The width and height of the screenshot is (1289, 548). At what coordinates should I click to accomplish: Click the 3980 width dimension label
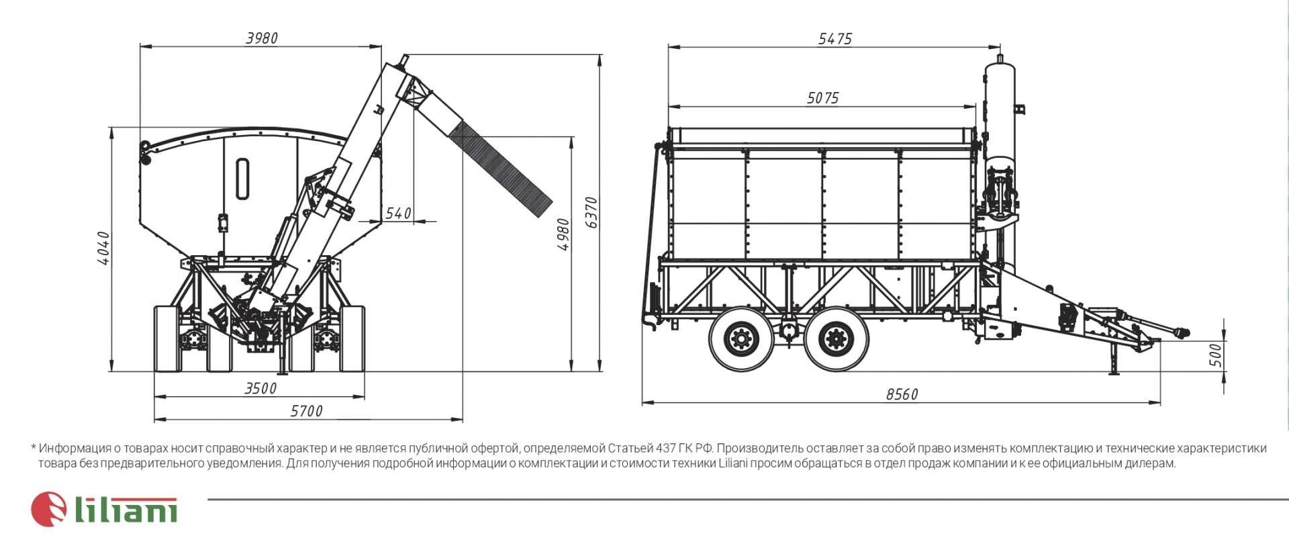click(261, 38)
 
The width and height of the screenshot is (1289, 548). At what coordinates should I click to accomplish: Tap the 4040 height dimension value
click(103, 248)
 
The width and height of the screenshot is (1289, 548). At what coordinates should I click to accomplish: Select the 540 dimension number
click(398, 214)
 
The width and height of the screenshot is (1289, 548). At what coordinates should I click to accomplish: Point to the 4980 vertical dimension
click(563, 234)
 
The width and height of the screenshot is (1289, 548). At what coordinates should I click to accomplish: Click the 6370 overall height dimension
click(591, 212)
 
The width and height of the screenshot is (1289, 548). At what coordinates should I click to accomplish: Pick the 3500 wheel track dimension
click(260, 388)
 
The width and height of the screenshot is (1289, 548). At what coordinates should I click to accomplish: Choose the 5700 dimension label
click(306, 411)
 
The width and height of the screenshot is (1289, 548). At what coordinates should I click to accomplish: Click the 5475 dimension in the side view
click(834, 39)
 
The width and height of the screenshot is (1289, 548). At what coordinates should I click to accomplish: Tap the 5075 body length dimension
click(822, 98)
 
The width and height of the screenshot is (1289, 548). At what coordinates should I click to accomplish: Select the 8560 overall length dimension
click(902, 394)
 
